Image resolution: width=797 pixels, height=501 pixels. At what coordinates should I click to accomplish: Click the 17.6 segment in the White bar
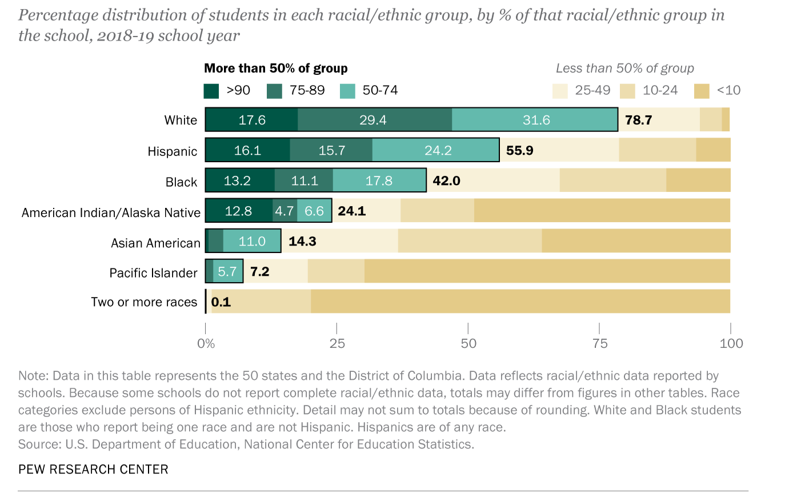coord(251,120)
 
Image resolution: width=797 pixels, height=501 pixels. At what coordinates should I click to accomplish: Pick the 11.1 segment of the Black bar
coord(304,181)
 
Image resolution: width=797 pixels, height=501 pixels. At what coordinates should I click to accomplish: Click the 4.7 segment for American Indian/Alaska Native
coord(285,211)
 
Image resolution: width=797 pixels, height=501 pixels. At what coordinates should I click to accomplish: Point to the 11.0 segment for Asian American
coord(252,241)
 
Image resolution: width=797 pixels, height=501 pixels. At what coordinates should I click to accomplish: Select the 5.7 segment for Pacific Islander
coord(227,271)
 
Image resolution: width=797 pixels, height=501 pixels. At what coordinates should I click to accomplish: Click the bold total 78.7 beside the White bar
coord(638,120)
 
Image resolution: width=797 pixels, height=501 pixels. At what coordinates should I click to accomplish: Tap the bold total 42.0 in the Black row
coord(446,181)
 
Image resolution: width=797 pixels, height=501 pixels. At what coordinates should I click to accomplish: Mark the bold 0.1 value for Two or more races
coord(221,302)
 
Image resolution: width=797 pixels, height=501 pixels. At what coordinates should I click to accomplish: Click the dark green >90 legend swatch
coord(211,91)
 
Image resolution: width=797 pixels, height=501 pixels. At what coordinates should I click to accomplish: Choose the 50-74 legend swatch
coord(347,91)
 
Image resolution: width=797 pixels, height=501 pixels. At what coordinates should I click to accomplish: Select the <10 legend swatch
coord(702,91)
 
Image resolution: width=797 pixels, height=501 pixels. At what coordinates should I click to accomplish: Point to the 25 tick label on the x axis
coord(337,343)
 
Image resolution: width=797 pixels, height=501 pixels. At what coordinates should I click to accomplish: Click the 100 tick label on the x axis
coord(731,343)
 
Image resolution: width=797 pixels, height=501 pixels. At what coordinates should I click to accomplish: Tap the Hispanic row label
coord(172,151)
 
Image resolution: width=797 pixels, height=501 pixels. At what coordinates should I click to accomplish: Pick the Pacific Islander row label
coord(153,273)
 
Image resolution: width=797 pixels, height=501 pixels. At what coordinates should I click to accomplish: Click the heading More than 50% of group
coord(276,69)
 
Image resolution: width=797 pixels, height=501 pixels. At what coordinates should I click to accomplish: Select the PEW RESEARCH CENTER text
coord(93,470)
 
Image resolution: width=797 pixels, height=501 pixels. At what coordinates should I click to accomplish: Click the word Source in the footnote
coord(39,444)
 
